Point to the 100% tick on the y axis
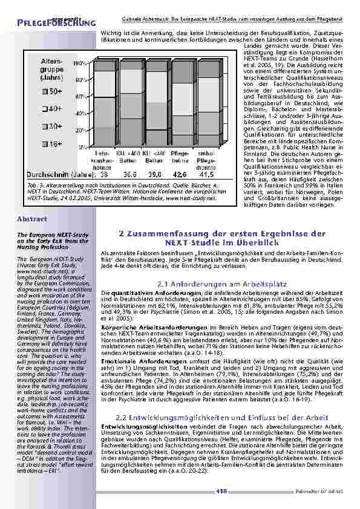pos(79,62)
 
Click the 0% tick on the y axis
pos(80,147)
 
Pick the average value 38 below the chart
pos(103,174)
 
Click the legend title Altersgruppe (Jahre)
pos(53,70)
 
